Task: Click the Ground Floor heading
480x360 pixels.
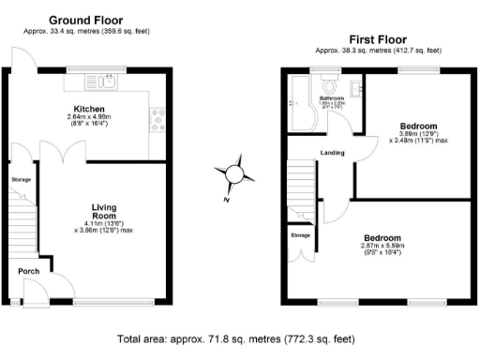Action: point(85,20)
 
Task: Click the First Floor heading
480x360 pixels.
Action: point(352,40)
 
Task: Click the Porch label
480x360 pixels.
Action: point(28,272)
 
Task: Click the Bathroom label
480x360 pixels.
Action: point(333,97)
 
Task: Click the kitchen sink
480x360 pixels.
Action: point(109,82)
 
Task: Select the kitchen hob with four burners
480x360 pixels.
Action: point(155,119)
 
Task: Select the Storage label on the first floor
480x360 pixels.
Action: point(300,234)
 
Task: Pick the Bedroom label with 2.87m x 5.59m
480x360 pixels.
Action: point(383,238)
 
